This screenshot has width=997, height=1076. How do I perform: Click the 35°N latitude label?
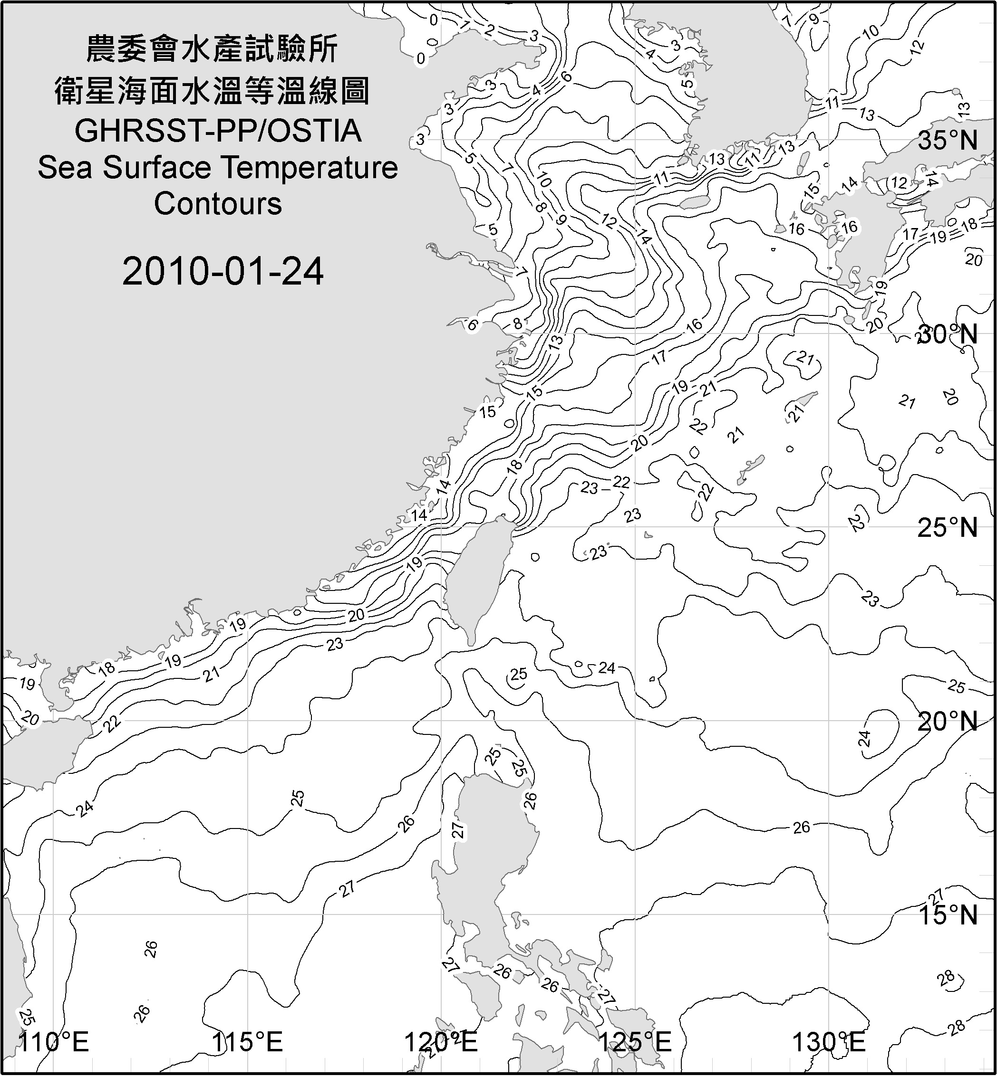click(x=948, y=141)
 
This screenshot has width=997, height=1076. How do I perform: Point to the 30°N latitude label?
click(x=948, y=335)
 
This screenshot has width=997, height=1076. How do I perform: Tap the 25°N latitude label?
click(x=948, y=527)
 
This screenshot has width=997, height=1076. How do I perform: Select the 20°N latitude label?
click(x=948, y=721)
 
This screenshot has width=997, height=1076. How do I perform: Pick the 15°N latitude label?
click(x=948, y=915)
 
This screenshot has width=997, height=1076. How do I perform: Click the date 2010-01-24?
click(x=223, y=271)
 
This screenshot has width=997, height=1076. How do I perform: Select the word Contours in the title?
click(x=218, y=204)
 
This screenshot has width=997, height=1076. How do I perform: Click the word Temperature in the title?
click(x=310, y=168)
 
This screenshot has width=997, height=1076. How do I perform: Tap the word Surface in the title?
click(x=156, y=168)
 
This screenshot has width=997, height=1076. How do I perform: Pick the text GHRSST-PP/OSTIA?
click(x=218, y=131)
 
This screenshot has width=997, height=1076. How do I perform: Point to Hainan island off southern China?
click(x=40, y=749)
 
